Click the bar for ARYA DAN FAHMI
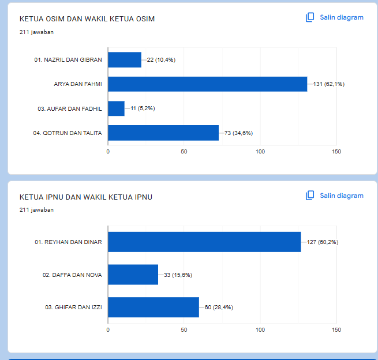pos(208,84)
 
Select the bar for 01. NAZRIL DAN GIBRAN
pos(125,60)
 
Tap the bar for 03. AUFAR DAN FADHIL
pos(116,108)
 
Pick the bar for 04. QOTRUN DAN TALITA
pos(163,133)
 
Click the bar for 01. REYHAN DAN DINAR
pos(204,242)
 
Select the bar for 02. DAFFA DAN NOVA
pos(133,275)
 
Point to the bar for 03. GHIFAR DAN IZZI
pos(154,307)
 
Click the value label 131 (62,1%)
pos(329,84)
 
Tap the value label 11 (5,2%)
pos(143,108)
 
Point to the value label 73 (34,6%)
pos(238,133)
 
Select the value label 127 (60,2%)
pos(323,242)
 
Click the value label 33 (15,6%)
pos(178,275)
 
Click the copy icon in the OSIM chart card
pos(310,17)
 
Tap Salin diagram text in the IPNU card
pos(342,196)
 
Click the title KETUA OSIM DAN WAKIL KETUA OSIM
pos(87,19)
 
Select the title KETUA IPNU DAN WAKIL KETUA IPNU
pos(86,197)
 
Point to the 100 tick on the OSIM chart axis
pos(260,152)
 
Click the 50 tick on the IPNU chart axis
pos(184,330)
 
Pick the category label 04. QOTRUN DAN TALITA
pos(68,133)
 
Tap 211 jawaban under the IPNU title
pos(36,210)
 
